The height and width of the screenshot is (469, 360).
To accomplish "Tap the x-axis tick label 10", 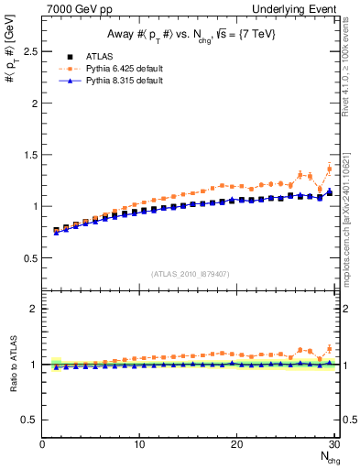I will click(139, 445).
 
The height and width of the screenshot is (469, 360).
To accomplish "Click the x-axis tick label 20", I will click(236, 445).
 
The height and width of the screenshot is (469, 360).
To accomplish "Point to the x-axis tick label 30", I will click(333, 445).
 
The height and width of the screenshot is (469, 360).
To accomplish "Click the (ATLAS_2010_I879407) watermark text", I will click(191, 273).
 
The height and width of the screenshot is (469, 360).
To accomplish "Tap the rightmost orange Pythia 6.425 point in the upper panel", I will click(329, 169).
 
